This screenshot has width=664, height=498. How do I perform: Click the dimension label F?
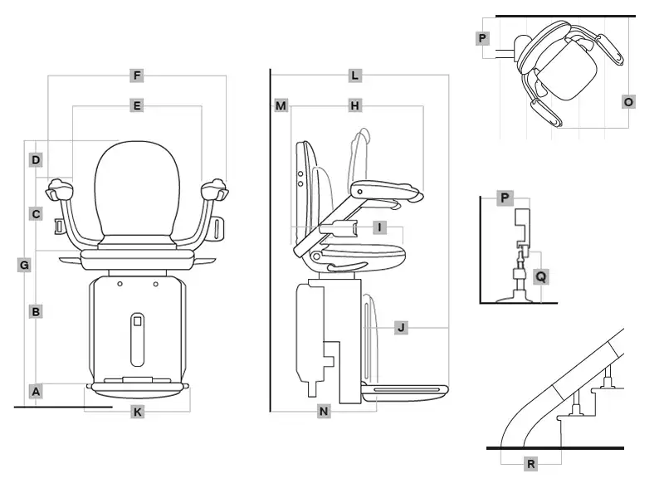pos(137,76)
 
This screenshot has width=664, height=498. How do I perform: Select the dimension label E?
pos(137,105)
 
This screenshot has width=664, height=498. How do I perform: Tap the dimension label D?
pos(36,159)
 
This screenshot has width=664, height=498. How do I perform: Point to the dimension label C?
pos(36,214)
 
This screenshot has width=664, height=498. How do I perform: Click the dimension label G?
pos(24,266)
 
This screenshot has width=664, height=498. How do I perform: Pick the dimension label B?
pos(36,312)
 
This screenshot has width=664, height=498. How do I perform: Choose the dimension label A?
pos(36,390)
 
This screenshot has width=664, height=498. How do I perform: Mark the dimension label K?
pos(137,412)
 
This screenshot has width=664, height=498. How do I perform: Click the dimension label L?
pos(354,76)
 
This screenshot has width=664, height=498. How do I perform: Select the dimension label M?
pos(281,106)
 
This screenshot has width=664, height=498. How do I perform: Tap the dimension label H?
pos(354,106)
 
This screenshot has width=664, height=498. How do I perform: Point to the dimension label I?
pos(379,227)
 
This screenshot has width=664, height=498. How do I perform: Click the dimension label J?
pos(401,328)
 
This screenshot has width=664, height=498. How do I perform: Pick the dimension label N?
pos(325,411)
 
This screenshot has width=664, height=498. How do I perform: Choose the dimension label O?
pos(628,101)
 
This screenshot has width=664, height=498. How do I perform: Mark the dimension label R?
pos(530,464)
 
